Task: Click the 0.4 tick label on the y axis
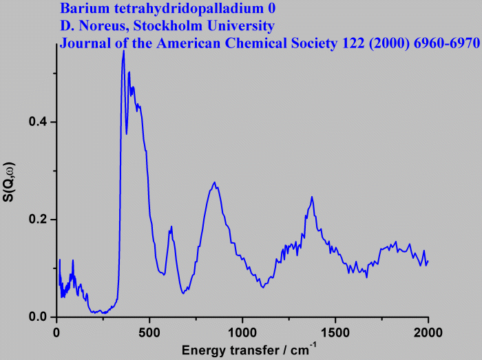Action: click(x=38, y=122)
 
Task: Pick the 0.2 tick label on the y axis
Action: click(x=38, y=220)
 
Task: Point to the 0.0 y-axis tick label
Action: click(x=38, y=317)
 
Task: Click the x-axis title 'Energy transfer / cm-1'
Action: click(x=249, y=349)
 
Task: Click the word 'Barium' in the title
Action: click(x=83, y=10)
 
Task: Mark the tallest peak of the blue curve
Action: click(x=123, y=51)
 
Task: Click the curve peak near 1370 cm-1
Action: click(x=312, y=197)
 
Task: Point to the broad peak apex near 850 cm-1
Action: click(x=215, y=182)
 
